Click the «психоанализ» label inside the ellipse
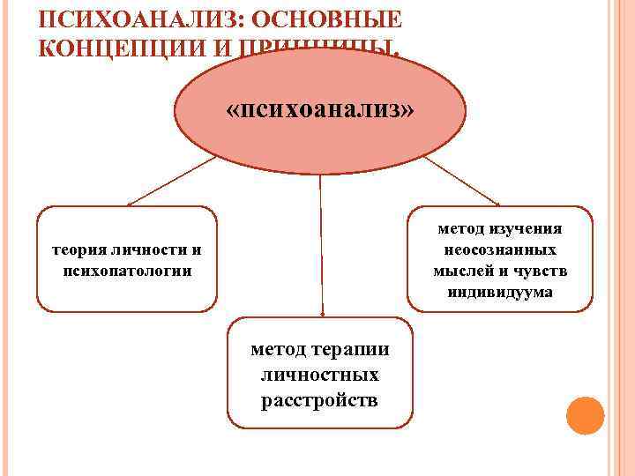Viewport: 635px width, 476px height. coord(319,111)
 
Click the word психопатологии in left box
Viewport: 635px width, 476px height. coord(128,270)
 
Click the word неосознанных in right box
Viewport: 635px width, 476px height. coord(500,250)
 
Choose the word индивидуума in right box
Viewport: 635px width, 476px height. coord(500,292)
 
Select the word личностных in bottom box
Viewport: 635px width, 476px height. coord(320,376)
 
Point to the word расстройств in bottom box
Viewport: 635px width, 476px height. coord(320,401)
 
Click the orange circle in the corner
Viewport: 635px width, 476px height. coord(585,415)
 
